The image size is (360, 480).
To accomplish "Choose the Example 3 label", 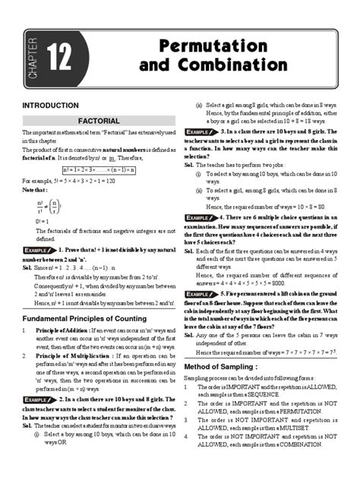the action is [208, 131].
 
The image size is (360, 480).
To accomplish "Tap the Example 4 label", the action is [208, 218].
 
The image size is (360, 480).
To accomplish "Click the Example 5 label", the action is [208, 292].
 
